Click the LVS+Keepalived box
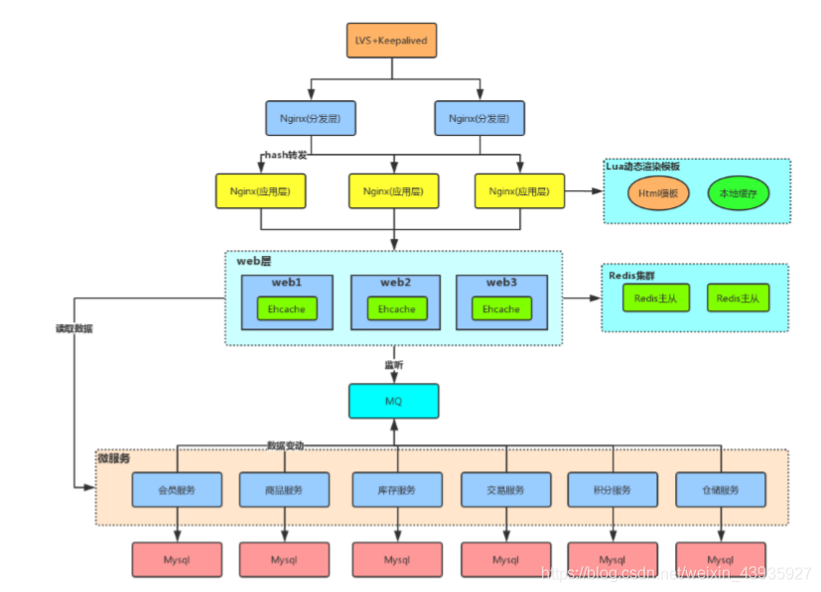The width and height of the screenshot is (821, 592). [x=393, y=41]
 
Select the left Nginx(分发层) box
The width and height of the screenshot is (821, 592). [x=311, y=118]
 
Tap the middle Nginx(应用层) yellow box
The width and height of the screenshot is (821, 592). [x=394, y=190]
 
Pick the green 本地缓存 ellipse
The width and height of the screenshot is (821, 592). [x=738, y=192]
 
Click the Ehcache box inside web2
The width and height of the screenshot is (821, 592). [x=396, y=308]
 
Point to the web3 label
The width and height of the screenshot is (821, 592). [x=501, y=283]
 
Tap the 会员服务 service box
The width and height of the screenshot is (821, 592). [x=177, y=490]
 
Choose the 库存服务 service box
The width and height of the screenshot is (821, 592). [x=396, y=490]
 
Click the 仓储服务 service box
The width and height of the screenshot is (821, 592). [x=720, y=490]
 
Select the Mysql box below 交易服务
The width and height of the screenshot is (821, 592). [x=505, y=560]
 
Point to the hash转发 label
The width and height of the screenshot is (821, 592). [x=286, y=155]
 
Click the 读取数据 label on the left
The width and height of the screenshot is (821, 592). [x=73, y=328]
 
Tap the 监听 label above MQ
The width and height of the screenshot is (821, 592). [x=394, y=365]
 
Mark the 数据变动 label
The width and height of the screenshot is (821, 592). [x=285, y=446]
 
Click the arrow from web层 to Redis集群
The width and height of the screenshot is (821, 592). [x=582, y=297]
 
